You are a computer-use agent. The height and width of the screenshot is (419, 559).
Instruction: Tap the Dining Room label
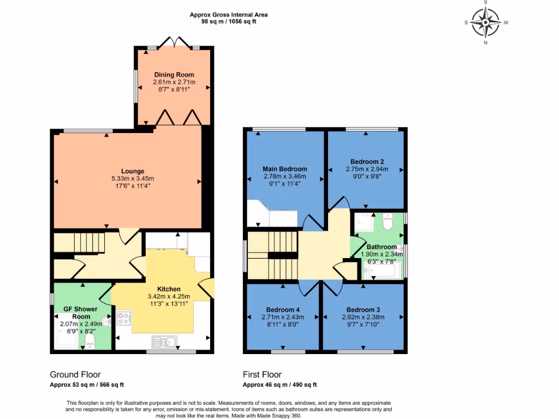coord(174,75)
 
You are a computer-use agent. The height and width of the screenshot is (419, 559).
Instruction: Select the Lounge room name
coord(133,171)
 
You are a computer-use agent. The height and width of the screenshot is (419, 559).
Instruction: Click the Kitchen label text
coord(169,289)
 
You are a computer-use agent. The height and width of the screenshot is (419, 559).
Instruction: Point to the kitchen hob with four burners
coord(123,318)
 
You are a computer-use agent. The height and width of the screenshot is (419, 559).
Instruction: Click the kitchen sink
coord(163,342)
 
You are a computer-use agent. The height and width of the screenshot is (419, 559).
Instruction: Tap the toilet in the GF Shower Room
coord(90,341)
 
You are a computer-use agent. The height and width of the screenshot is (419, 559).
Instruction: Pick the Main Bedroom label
coord(284,169)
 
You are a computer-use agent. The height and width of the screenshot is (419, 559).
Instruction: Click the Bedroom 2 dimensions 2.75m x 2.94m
coord(367,169)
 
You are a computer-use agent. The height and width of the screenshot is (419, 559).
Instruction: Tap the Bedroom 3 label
coord(363,309)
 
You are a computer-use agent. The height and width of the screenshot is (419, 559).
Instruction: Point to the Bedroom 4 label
coord(283,309)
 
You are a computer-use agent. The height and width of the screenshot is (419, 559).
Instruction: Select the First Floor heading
coord(262,374)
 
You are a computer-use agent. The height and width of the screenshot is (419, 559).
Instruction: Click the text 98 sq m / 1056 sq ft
coord(229,22)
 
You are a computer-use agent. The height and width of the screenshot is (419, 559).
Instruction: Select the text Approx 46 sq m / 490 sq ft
coord(279,384)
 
